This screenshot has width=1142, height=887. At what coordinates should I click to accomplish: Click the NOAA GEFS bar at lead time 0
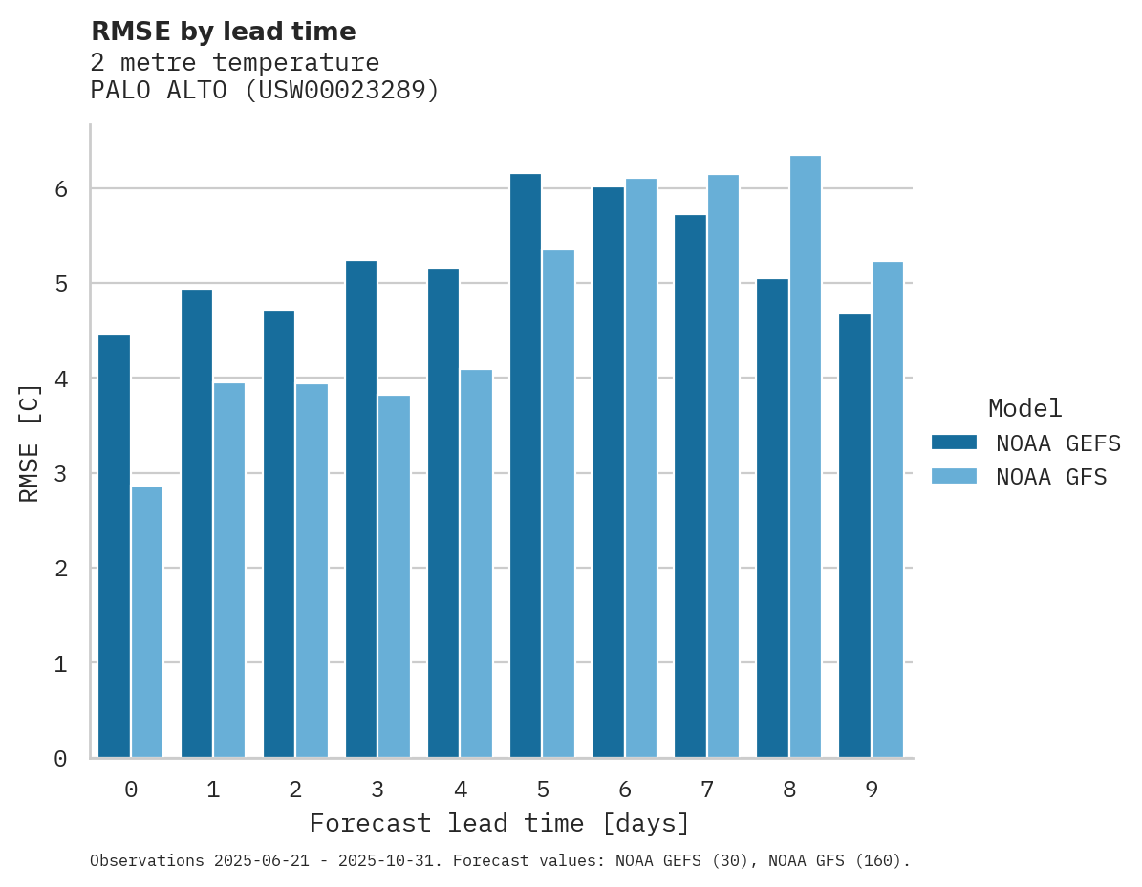point(114,546)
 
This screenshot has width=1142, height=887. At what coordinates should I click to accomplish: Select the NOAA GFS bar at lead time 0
point(147,621)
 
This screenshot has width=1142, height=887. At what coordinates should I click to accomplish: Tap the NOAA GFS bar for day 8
point(806,456)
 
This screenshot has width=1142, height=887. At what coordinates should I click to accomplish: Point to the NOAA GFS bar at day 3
point(394,576)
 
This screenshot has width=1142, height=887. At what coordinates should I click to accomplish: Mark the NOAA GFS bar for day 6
point(641,467)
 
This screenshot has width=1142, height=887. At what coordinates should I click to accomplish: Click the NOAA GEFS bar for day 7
point(690,486)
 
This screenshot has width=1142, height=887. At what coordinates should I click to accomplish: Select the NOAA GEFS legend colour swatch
point(954,443)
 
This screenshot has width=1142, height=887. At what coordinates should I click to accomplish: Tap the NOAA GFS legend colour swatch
point(954,476)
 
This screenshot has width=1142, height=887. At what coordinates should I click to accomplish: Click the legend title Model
point(1024,408)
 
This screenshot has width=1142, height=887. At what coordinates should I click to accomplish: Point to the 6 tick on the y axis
point(60,189)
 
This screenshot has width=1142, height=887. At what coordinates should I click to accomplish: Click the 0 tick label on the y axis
point(60,759)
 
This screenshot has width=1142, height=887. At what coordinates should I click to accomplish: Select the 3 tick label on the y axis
point(60,474)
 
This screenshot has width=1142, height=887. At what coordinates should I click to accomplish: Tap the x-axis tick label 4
point(460,790)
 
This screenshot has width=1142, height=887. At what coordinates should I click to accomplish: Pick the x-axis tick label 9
point(871,790)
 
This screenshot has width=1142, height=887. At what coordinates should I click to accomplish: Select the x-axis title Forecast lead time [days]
point(499,823)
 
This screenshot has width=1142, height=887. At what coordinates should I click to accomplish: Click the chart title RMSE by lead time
point(223,32)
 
